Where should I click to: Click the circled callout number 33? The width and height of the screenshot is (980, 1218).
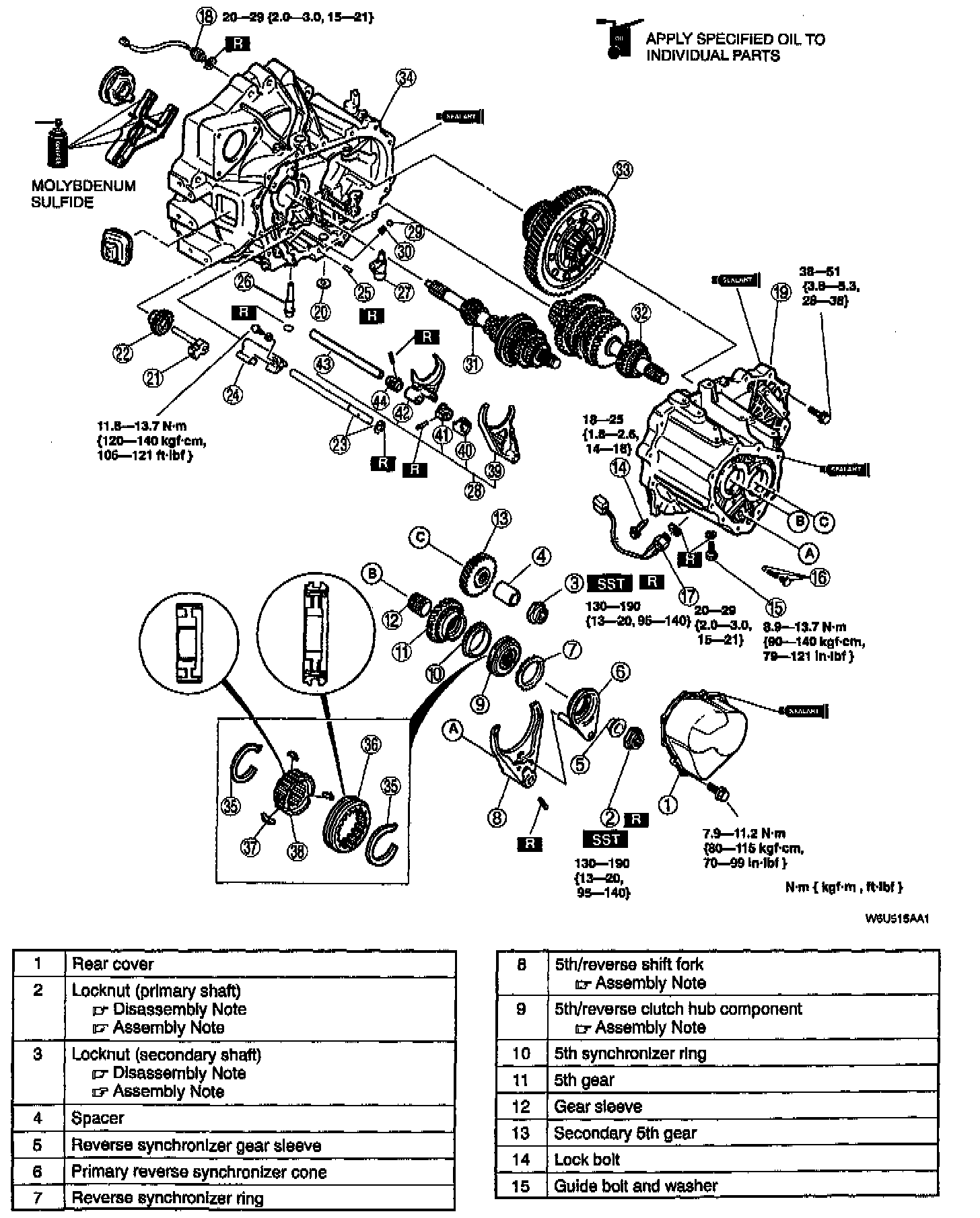(623, 170)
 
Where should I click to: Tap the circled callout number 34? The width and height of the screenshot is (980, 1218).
(406, 79)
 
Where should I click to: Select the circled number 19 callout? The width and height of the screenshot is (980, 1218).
(781, 292)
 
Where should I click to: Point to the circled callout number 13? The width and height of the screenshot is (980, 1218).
(501, 518)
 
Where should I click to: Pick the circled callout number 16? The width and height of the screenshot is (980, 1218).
(820, 577)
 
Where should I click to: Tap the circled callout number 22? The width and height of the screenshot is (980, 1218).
(123, 354)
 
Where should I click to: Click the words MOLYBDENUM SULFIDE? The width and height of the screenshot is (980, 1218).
(83, 194)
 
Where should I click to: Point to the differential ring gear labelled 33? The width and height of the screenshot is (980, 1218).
(569, 239)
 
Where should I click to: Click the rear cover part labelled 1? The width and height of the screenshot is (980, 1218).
(703, 733)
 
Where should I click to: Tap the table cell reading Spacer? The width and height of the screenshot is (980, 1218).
(98, 1118)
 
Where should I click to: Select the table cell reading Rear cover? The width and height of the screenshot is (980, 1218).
(112, 964)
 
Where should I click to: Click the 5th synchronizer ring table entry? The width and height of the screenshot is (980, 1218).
(630, 1054)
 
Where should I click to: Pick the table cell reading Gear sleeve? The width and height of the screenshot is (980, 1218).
(598, 1106)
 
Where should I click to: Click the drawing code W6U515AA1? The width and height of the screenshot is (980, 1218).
(897, 919)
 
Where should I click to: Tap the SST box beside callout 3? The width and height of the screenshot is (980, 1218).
(610, 583)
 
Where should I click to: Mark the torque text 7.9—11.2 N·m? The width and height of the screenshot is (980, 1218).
(744, 834)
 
